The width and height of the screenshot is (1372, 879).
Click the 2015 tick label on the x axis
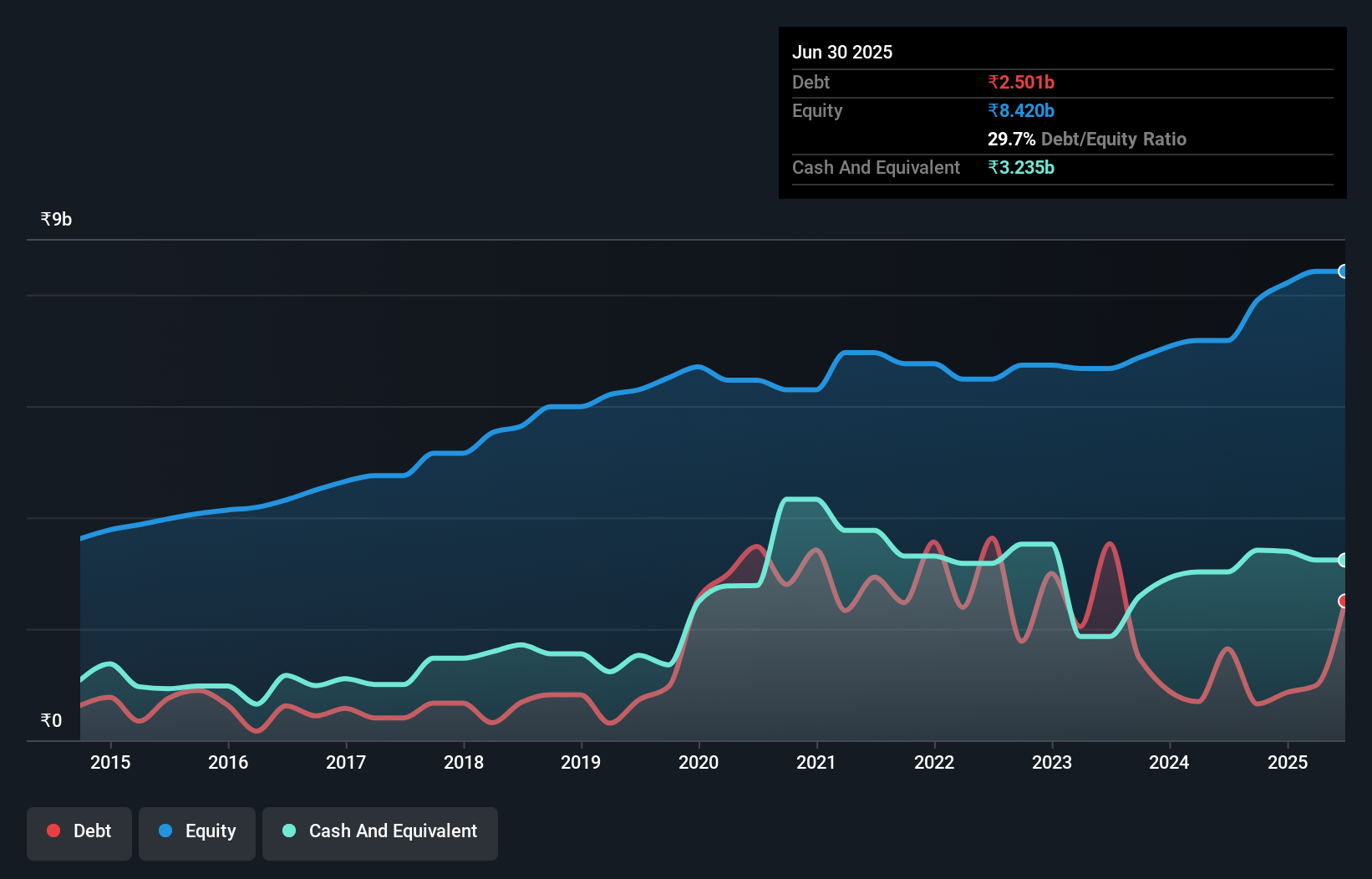(x=110, y=762)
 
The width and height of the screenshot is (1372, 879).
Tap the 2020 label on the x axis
(x=699, y=762)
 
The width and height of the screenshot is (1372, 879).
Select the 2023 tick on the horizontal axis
(x=1051, y=762)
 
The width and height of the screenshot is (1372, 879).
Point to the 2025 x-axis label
(x=1287, y=762)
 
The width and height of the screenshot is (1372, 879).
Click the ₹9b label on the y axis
(x=56, y=220)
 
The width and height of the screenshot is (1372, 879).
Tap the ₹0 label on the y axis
(x=51, y=720)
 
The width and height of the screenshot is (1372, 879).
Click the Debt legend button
(x=79, y=831)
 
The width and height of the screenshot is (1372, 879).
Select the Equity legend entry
(x=197, y=831)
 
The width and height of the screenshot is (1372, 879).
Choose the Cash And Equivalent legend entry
(x=380, y=831)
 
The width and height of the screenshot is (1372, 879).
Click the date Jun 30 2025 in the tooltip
(x=842, y=52)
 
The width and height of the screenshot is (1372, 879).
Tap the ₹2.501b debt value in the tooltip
(x=1021, y=82)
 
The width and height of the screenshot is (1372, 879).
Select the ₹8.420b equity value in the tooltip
(x=1021, y=110)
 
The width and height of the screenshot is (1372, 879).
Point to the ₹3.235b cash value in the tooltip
(x=1021, y=167)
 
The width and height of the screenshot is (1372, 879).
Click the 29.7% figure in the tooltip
(x=1011, y=139)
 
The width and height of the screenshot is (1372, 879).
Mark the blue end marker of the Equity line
(x=1343, y=272)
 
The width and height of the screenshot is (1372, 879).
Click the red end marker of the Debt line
(x=1343, y=601)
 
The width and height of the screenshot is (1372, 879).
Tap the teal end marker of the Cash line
(x=1343, y=560)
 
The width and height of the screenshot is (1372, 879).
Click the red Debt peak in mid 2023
(x=1110, y=545)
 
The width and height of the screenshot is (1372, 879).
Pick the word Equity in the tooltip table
(x=817, y=110)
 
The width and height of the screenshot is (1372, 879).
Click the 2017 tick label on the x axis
(x=346, y=762)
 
